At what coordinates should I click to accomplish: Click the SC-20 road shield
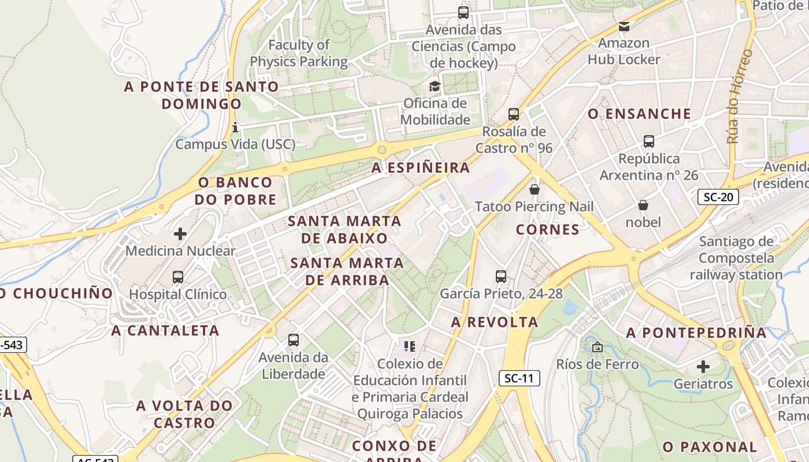(x=718, y=197)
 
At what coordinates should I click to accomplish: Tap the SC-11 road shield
(x=519, y=378)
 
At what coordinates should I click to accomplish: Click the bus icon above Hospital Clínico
(x=178, y=277)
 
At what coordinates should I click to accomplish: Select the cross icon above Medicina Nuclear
(x=180, y=234)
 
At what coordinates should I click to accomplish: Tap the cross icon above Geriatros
(x=703, y=367)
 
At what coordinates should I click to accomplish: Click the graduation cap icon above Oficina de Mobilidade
(x=435, y=87)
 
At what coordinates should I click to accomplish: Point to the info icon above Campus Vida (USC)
(x=235, y=127)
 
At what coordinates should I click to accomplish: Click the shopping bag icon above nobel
(x=643, y=205)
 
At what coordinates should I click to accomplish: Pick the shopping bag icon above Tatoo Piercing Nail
(x=535, y=189)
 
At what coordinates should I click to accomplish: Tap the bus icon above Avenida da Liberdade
(x=294, y=340)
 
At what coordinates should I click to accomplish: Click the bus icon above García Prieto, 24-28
(x=501, y=277)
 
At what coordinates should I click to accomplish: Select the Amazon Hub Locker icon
(x=624, y=26)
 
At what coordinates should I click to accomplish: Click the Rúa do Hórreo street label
(x=740, y=96)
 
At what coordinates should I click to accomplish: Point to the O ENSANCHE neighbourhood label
(x=639, y=114)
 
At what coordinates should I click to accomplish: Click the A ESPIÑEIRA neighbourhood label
(x=421, y=168)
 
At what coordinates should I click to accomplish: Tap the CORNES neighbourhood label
(x=548, y=230)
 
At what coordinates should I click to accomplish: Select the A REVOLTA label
(x=495, y=322)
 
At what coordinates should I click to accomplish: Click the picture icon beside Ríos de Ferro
(x=598, y=347)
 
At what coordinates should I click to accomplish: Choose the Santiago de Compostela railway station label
(x=736, y=258)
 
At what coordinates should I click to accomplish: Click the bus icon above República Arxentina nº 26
(x=649, y=141)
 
